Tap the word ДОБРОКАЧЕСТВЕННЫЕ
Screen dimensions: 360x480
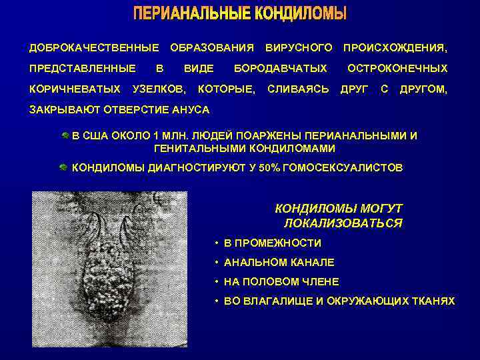point(94,48)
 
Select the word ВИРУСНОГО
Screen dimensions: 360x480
point(299,48)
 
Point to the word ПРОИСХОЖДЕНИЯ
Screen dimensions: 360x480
point(395,48)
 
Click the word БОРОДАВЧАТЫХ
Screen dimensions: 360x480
point(280,69)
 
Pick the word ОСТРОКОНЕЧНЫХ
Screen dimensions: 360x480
point(397,69)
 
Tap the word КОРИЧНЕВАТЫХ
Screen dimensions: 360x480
point(75,89)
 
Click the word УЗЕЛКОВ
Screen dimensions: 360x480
point(159,89)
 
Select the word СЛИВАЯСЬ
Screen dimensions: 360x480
point(298,89)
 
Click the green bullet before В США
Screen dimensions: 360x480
point(64,135)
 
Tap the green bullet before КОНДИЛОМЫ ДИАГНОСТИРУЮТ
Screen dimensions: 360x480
point(64,167)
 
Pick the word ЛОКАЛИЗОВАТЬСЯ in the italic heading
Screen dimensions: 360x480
point(343,223)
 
